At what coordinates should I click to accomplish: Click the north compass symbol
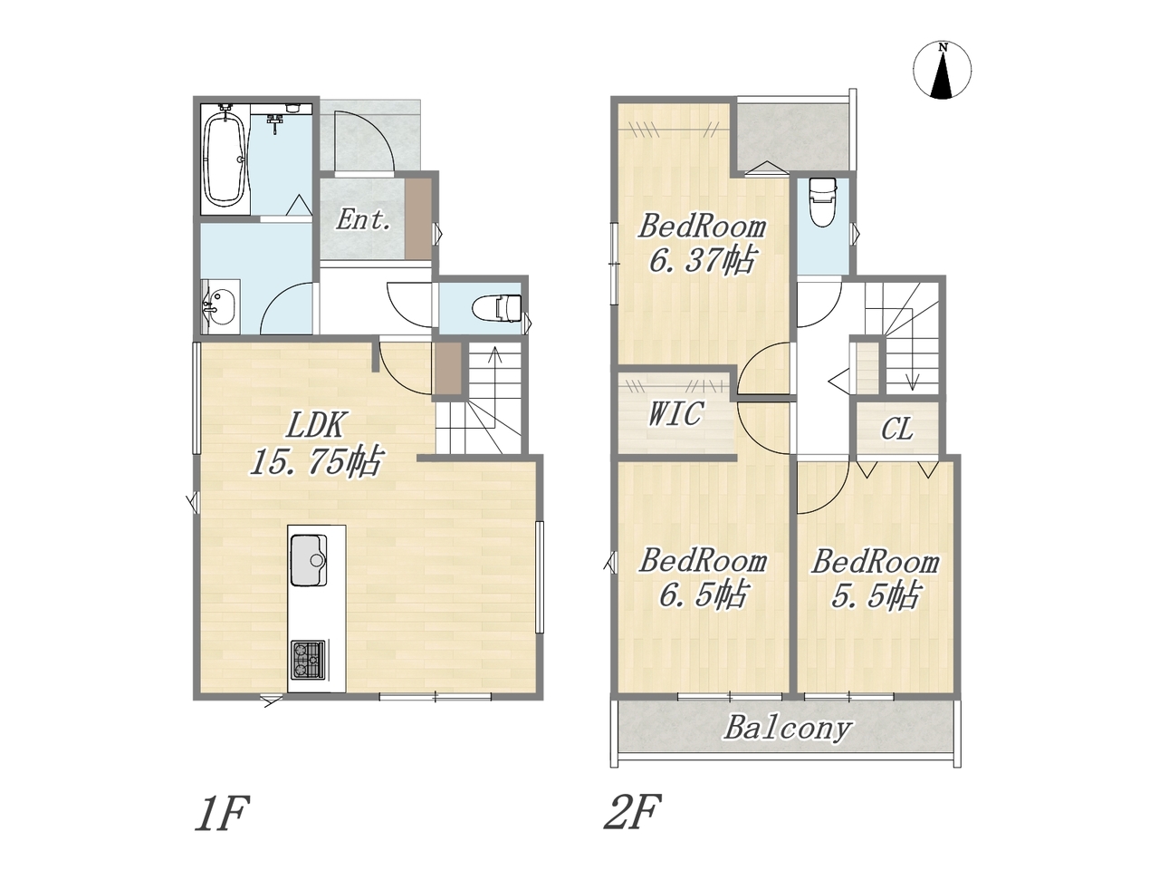[943, 71]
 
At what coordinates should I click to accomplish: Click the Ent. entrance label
[363, 219]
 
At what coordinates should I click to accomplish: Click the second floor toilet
[822, 202]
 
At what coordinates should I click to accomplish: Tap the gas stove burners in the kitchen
[308, 660]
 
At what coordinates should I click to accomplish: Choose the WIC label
[675, 414]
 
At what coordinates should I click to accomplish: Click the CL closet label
[896, 429]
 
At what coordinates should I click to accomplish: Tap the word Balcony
[787, 729]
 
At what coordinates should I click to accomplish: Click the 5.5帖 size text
[876, 597]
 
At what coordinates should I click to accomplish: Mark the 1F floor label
[220, 813]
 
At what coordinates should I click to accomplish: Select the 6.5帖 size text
[703, 596]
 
